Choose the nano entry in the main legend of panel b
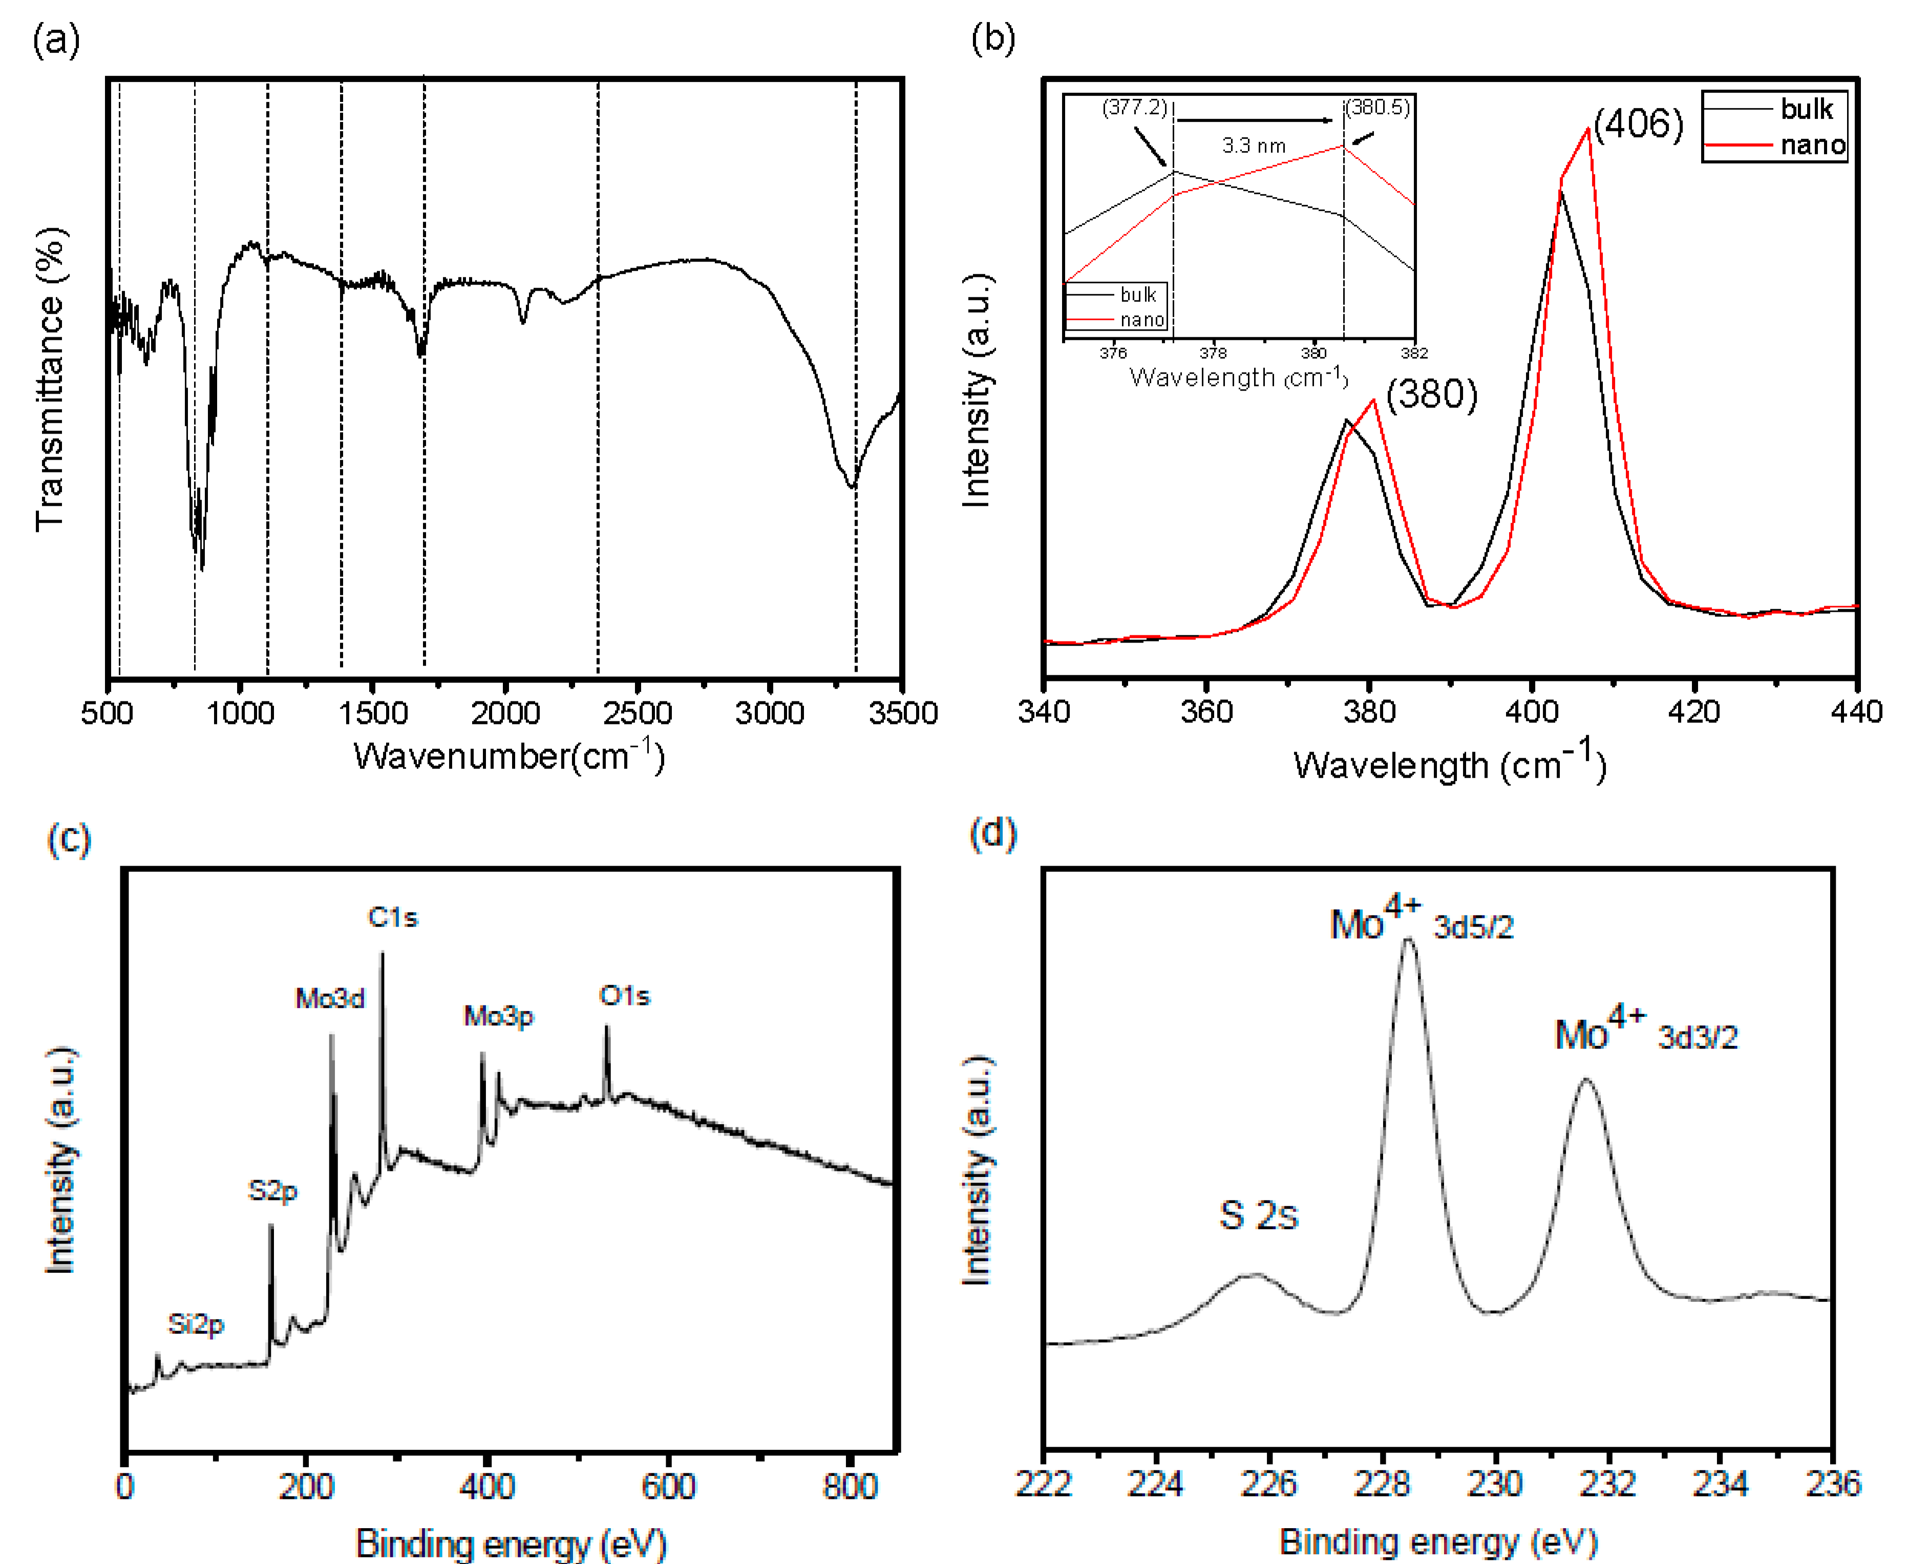[1812, 144]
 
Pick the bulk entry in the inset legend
[1137, 294]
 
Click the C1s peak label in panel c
[392, 917]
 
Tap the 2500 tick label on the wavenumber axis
[637, 714]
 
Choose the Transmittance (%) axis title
[51, 378]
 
